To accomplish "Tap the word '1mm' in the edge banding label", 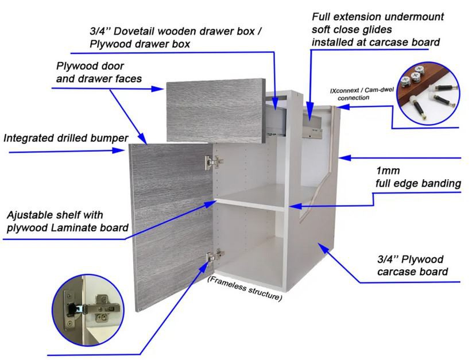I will pyautogui.click(x=388, y=171).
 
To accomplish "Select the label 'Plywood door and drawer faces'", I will pyautogui.click(x=99, y=72).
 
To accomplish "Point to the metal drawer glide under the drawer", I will pyautogui.click(x=313, y=133).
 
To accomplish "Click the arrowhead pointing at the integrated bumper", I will pyautogui.click(x=122, y=151).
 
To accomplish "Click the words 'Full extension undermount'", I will pyautogui.click(x=377, y=17).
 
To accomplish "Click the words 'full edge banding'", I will pyautogui.click(x=418, y=184).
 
